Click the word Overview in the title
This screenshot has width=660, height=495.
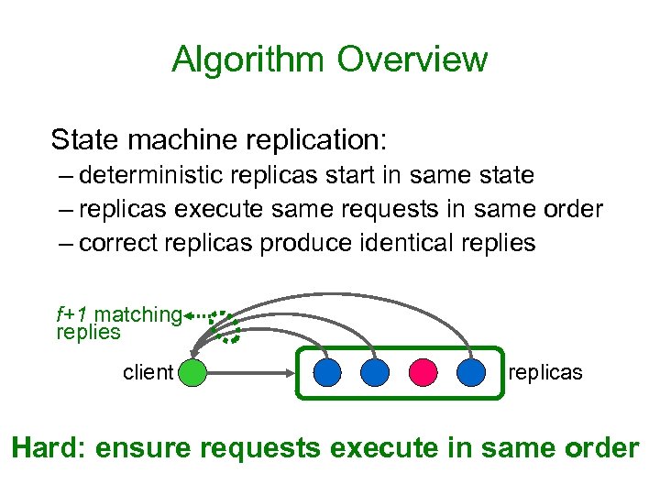point(412,60)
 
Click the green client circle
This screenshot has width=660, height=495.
point(192,372)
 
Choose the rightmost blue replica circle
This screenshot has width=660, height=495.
point(470,372)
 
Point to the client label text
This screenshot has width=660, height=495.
point(148,372)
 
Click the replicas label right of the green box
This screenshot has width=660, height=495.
point(544,372)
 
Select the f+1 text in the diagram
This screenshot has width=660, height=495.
point(74,314)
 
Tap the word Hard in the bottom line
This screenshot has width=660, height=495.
point(44,448)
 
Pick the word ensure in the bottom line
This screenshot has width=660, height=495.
point(141,448)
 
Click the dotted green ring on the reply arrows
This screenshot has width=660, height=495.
point(225,325)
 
